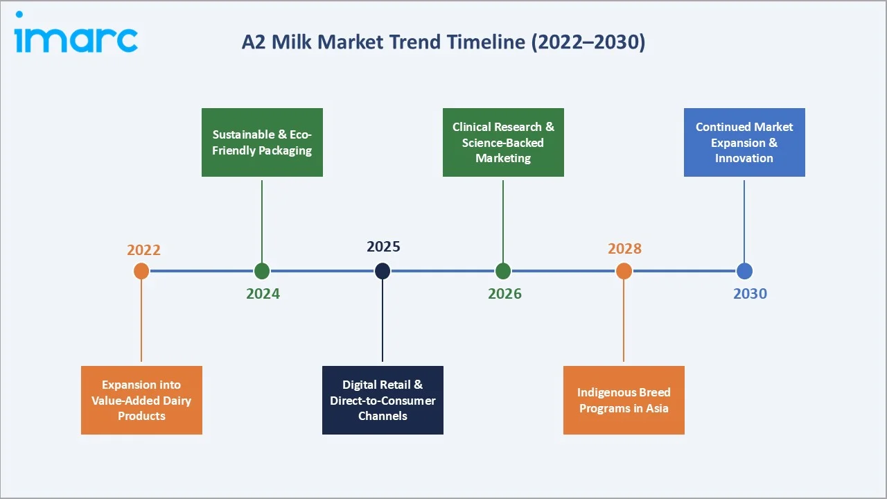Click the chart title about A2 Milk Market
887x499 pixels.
443,42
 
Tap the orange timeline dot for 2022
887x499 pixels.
141,271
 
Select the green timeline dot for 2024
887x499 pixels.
262,271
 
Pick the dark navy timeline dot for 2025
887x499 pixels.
383,271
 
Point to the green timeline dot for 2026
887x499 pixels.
503,271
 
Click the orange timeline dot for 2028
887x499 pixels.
624,271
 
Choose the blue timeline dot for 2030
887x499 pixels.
744,271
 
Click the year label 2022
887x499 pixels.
143,250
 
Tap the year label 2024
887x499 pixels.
263,294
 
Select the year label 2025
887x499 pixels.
383,247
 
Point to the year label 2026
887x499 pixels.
504,294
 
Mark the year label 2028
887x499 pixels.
624,249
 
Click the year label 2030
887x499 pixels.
750,294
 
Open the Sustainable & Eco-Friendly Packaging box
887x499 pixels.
262,142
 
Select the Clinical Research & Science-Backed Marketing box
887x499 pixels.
503,142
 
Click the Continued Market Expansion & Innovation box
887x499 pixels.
744,142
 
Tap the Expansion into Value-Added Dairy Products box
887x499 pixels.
141,400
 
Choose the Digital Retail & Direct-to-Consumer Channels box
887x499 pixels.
383,400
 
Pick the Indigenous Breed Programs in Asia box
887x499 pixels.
624,400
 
